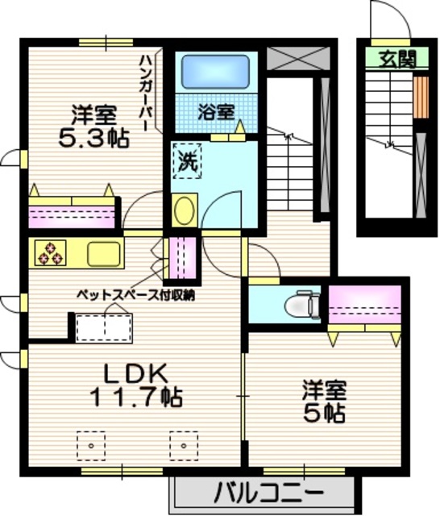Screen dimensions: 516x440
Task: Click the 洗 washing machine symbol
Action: tap(188, 160)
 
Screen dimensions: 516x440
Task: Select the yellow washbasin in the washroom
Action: tap(185, 212)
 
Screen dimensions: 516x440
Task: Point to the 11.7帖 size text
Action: tap(135, 397)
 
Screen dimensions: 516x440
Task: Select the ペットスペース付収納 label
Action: tap(135, 295)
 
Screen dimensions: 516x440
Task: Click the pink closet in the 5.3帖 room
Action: tap(70, 215)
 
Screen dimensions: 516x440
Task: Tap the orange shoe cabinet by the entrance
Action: tap(420, 96)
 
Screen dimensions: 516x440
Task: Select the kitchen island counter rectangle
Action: tap(103, 328)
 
